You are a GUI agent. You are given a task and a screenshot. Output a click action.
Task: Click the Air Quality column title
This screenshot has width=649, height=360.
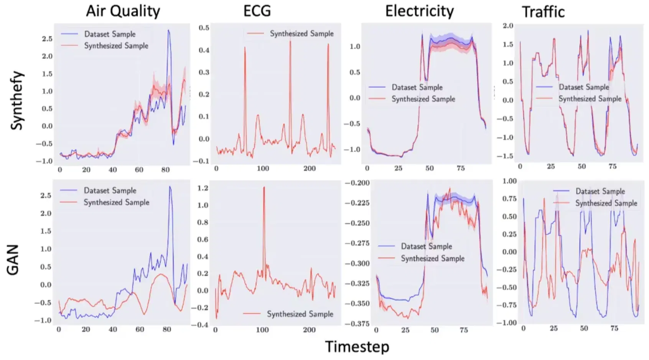pyautogui.click(x=123, y=11)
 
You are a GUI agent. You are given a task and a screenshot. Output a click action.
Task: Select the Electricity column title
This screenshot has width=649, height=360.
pyautogui.click(x=419, y=11)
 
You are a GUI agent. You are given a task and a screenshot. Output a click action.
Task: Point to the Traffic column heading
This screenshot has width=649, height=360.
pyautogui.click(x=543, y=12)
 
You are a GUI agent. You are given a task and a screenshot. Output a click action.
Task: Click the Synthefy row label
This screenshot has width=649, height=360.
pyautogui.click(x=16, y=101)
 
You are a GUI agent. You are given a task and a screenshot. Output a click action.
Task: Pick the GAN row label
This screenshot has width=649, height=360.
pyautogui.click(x=13, y=260)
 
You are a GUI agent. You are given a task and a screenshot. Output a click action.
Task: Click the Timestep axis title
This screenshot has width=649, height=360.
pyautogui.click(x=357, y=347)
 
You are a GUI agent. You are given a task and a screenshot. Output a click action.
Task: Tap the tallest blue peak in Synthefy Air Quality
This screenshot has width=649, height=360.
pyautogui.click(x=168, y=31)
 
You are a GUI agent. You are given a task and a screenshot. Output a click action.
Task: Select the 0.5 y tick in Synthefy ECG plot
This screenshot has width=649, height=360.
pyautogui.click(x=204, y=28)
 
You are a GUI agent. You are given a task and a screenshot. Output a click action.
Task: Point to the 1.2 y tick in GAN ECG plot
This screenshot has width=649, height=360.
pyautogui.click(x=203, y=188)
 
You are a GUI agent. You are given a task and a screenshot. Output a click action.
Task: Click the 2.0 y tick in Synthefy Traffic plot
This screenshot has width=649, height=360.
pyautogui.click(x=508, y=26)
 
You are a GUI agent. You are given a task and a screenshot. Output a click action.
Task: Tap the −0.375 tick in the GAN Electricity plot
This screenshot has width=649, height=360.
pyautogui.click(x=357, y=324)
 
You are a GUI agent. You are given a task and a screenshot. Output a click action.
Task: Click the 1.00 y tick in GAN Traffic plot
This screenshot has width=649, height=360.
pyautogui.click(x=509, y=181)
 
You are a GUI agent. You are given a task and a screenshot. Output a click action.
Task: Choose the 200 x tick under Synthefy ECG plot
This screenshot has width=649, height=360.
pyautogui.click(x=310, y=168)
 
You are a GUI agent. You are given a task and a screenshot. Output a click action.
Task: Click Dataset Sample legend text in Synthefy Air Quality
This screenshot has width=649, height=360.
pyautogui.click(x=110, y=34)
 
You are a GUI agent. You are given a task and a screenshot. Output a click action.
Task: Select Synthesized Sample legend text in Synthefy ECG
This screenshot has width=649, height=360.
pyautogui.click(x=301, y=34)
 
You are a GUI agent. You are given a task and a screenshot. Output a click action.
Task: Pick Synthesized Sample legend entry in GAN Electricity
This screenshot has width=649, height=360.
pyautogui.click(x=432, y=259)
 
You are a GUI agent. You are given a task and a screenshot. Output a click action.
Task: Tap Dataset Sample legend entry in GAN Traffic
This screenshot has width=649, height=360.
pyautogui.click(x=600, y=191)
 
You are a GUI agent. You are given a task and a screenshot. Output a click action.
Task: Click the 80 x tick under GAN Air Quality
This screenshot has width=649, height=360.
pyautogui.click(x=166, y=329)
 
